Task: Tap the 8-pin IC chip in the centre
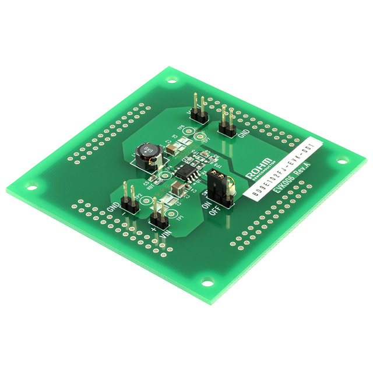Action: click(x=187, y=172)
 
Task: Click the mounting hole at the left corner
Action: click(x=30, y=188)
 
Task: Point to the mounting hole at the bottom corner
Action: click(x=206, y=283)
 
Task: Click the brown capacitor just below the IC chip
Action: click(x=175, y=187)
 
